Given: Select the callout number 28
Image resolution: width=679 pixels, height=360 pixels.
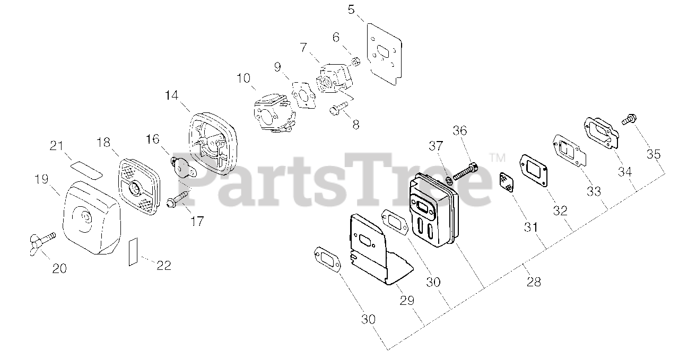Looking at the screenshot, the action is coord(534,282).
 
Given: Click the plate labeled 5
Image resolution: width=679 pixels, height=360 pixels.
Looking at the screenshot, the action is coord(383,54).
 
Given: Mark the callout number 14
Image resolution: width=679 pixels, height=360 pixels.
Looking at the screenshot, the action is coord(171,96).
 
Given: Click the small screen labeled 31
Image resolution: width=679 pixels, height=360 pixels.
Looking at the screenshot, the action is coord(506,183).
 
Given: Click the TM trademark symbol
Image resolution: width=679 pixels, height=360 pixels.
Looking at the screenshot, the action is coord(498,157).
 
